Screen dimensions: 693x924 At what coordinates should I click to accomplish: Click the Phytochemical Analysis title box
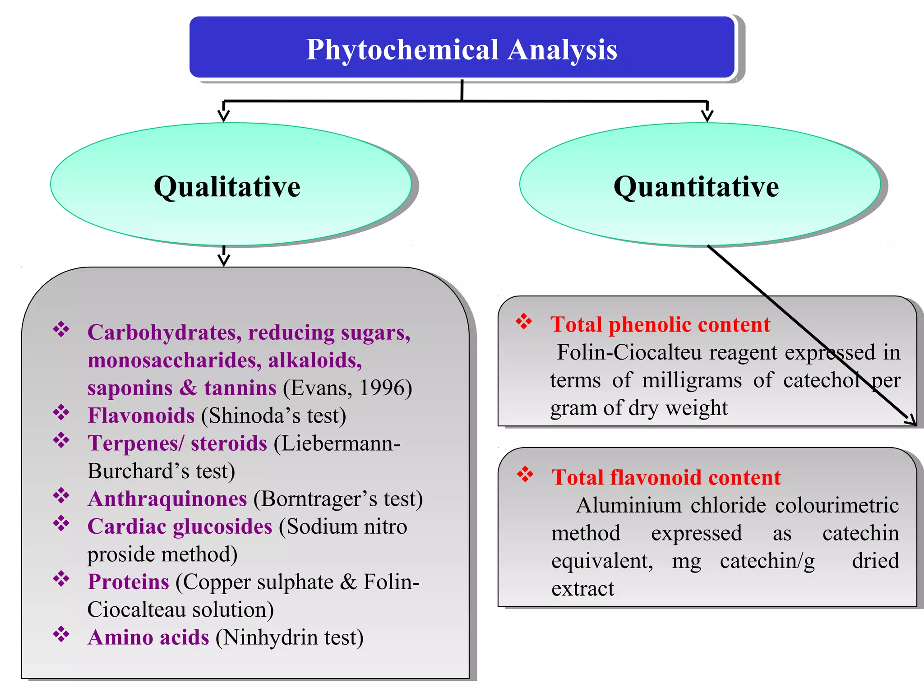coord(462,48)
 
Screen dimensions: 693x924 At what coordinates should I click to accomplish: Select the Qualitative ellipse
coord(230,185)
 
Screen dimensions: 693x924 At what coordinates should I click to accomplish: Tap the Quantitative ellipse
coord(699,185)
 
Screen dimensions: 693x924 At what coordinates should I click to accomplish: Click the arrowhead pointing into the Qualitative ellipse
coord(224,115)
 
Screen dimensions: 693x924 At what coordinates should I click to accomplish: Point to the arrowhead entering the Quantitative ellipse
coord(707,115)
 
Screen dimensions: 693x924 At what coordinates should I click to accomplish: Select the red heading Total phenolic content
coord(660,324)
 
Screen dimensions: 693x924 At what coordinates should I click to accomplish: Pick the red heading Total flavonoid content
coord(666,477)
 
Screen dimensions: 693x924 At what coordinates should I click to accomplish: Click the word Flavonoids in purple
coord(141,416)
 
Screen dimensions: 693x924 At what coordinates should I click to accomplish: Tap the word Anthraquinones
coord(167,499)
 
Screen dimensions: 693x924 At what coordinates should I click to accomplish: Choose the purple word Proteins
coord(128,582)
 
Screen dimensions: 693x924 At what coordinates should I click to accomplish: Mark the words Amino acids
coord(148,638)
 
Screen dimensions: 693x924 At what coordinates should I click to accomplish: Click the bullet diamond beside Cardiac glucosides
coord(61,523)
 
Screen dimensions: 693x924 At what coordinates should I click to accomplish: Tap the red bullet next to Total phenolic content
coord(524,321)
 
